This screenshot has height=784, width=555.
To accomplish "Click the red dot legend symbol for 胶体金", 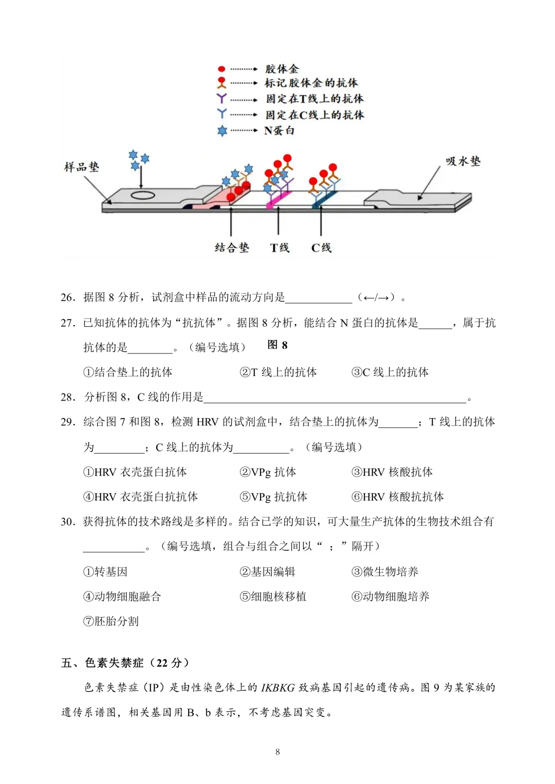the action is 221,69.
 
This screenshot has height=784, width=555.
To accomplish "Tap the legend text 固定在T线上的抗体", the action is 314,99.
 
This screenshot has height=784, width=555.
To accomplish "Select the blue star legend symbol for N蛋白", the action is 222,131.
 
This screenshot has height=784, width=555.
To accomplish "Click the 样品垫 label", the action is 81,167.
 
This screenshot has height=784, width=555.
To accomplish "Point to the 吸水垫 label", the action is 462,161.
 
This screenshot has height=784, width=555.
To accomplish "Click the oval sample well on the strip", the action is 142,195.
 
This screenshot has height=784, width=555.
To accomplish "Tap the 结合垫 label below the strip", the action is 231,248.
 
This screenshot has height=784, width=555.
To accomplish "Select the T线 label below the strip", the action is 280,248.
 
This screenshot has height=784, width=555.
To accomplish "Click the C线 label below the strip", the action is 321,248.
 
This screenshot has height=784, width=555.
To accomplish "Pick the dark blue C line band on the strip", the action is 324,198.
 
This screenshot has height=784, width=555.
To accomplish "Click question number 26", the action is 68,297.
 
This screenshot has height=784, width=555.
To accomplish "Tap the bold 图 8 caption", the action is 277,345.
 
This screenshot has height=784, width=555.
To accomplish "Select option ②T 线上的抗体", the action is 278,372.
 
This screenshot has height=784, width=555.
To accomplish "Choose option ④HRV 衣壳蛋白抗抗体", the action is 140,497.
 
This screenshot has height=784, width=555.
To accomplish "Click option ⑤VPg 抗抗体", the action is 273,497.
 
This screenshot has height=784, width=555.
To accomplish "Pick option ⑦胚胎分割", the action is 111,621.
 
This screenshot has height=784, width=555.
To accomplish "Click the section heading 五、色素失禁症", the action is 124,663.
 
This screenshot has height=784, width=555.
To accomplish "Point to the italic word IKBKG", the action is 277,687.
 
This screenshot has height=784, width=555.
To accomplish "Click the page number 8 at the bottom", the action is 277,752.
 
